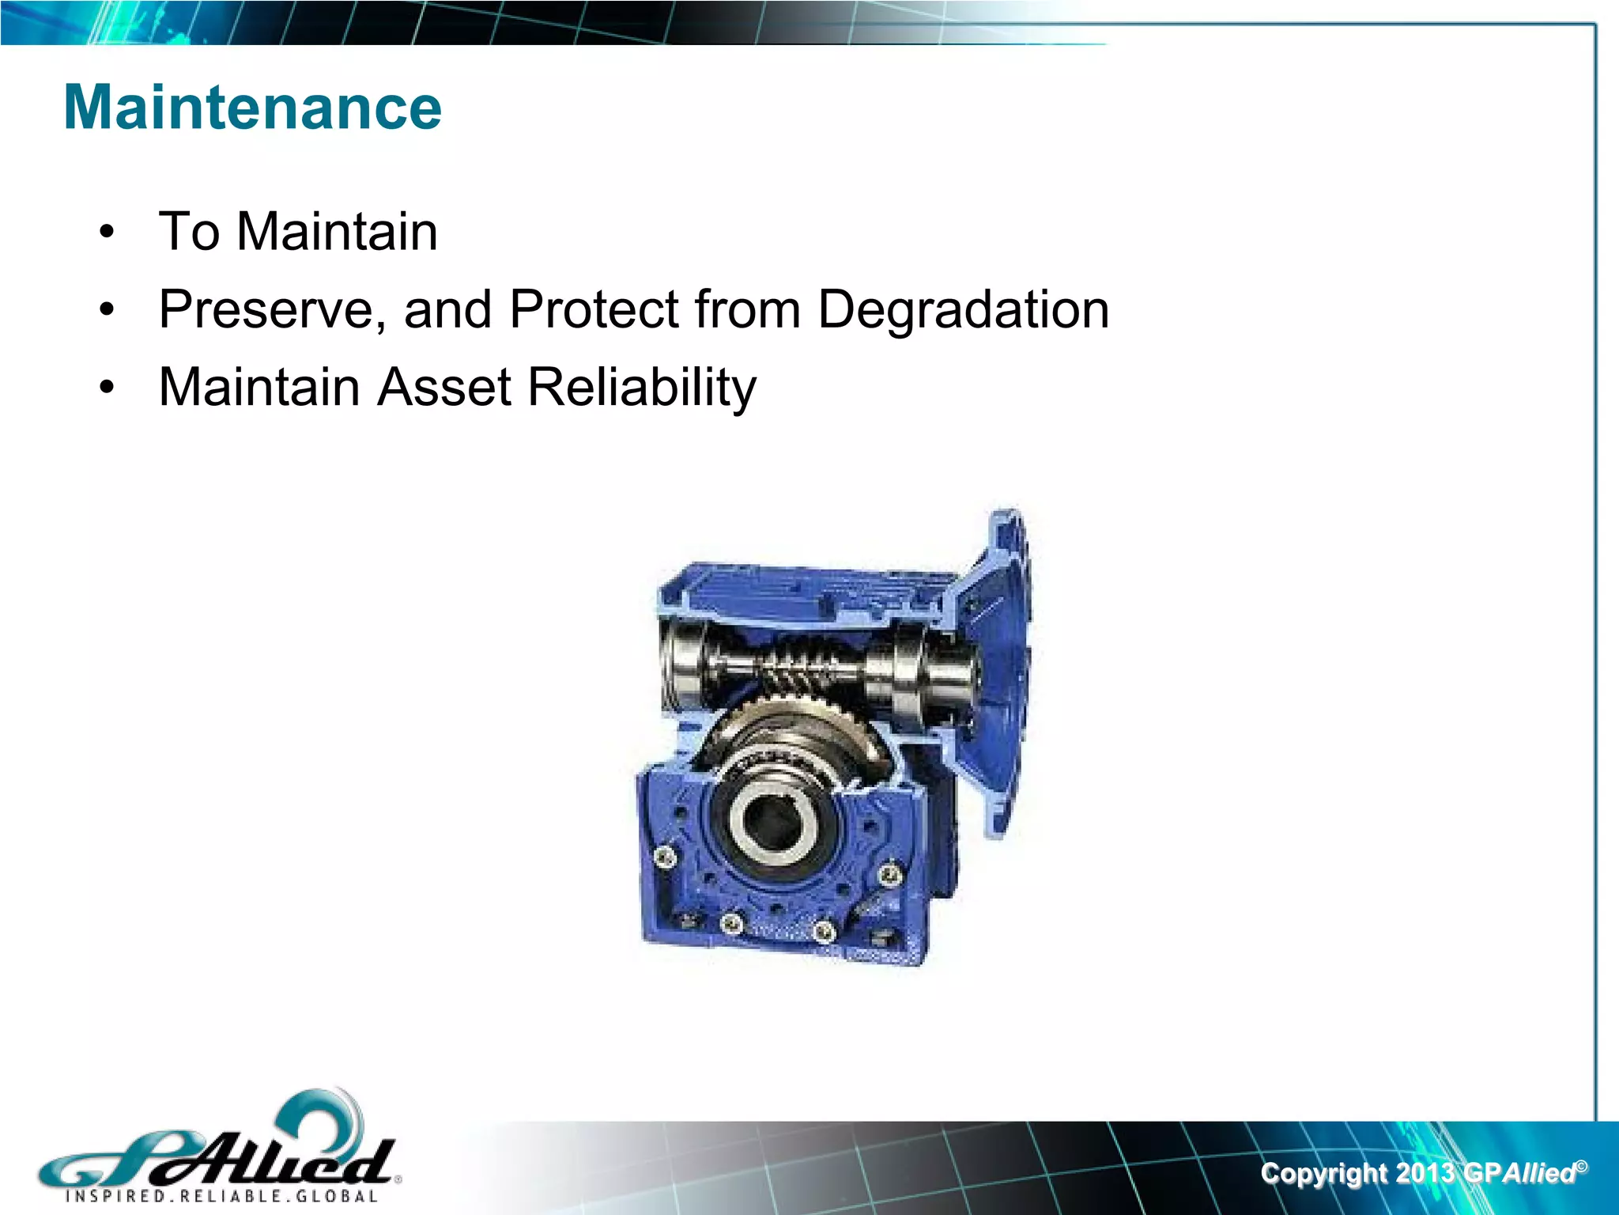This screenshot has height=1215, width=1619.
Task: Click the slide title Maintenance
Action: pyautogui.click(x=252, y=108)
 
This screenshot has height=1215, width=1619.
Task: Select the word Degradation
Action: pyautogui.click(x=963, y=309)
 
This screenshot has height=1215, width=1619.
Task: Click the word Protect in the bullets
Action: pyautogui.click(x=594, y=309)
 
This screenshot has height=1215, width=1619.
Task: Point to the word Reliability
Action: pyautogui.click(x=641, y=388)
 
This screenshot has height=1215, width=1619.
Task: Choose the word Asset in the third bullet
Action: pyautogui.click(x=443, y=388)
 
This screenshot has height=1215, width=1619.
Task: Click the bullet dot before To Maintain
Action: pyautogui.click(x=108, y=233)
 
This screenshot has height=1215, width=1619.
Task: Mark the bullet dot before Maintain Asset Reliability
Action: pyautogui.click(x=108, y=388)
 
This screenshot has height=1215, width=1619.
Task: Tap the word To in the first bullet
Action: pyautogui.click(x=188, y=232)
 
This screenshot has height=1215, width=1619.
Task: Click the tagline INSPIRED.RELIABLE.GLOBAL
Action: pyautogui.click(x=221, y=1196)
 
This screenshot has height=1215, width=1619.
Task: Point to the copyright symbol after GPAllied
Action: pyautogui.click(x=1580, y=1165)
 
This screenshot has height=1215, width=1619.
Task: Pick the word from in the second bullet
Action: pyautogui.click(x=747, y=309)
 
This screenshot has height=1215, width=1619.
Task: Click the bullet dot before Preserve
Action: pyautogui.click(x=108, y=310)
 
